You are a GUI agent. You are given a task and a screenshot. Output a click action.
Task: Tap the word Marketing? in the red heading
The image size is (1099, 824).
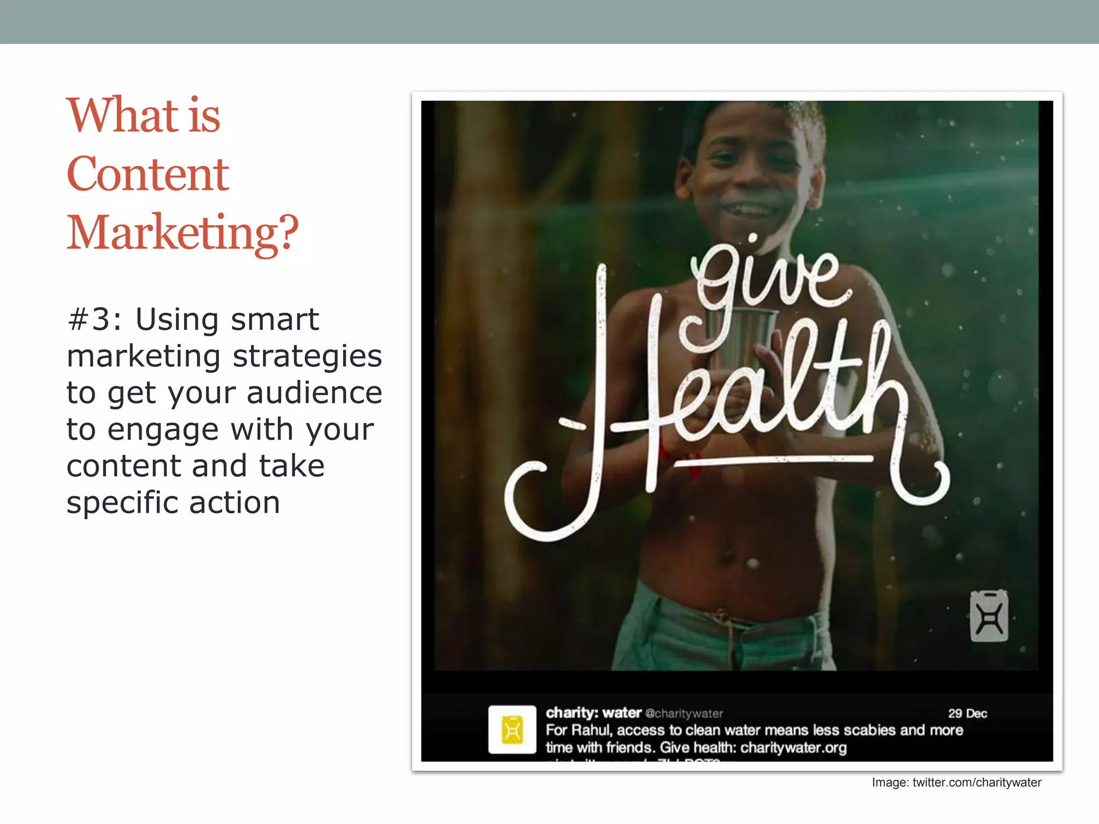click(x=182, y=233)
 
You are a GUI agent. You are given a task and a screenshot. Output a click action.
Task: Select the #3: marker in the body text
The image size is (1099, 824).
click(x=94, y=320)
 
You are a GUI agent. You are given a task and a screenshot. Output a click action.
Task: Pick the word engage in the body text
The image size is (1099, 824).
click(x=163, y=431)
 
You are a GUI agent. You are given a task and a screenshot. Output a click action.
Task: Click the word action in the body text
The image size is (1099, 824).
click(x=235, y=503)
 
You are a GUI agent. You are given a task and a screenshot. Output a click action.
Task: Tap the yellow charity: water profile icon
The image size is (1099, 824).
click(x=512, y=730)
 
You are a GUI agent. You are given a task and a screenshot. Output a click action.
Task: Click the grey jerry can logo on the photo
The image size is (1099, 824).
click(x=988, y=616)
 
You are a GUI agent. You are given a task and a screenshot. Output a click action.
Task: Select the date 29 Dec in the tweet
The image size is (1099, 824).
click(x=968, y=713)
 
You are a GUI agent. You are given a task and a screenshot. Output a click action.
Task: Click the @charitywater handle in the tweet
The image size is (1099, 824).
click(x=684, y=714)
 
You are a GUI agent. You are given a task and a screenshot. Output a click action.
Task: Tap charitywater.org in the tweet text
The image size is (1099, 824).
click(x=793, y=748)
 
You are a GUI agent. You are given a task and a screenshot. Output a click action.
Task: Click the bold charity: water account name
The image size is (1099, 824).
click(x=594, y=713)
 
